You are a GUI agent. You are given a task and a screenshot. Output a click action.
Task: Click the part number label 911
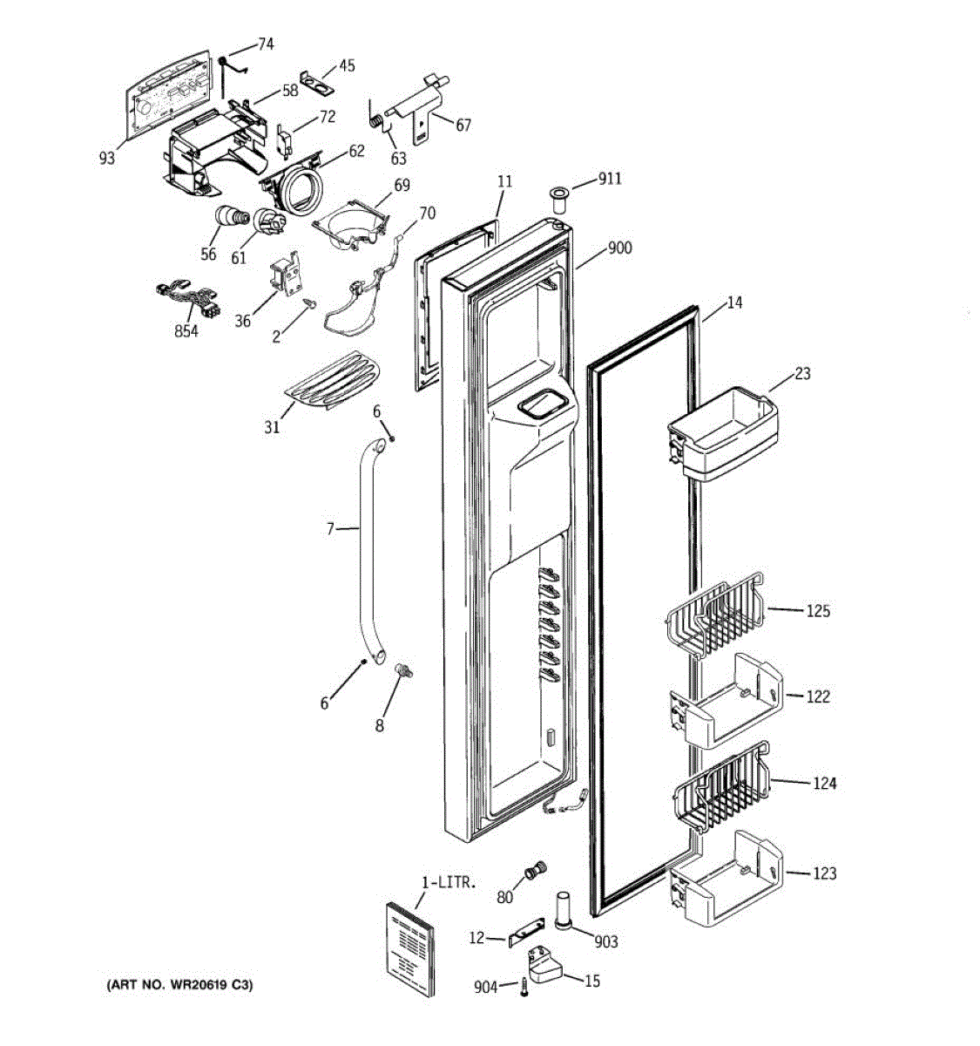[609, 180]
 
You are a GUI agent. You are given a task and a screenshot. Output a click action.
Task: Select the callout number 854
[186, 331]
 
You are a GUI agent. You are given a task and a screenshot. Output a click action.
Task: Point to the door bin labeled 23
[722, 434]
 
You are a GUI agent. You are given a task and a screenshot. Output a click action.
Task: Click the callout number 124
[823, 784]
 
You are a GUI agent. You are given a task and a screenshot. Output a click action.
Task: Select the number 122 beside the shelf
[817, 696]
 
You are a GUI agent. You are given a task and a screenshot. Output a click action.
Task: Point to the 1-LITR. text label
[449, 882]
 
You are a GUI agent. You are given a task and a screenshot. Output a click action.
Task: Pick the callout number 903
[605, 941]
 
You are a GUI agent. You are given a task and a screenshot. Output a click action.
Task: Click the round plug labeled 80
[535, 870]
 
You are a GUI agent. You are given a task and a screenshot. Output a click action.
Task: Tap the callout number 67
[463, 125]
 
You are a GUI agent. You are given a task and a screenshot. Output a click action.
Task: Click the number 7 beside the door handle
[330, 528]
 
